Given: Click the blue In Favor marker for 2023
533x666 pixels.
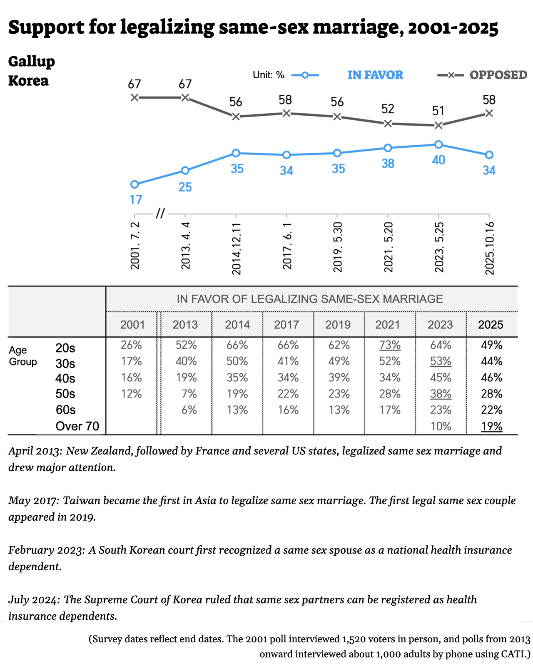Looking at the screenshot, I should [x=438, y=144].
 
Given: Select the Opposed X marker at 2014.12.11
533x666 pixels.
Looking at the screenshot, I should [x=236, y=117].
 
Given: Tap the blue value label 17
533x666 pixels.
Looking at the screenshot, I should [x=136, y=200].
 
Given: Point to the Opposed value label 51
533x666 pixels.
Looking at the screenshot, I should [x=438, y=111].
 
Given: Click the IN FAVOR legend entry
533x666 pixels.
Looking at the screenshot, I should [x=375, y=75].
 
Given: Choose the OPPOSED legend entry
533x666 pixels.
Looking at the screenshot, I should [x=498, y=75].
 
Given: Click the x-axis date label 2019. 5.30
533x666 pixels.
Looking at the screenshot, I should [x=338, y=247].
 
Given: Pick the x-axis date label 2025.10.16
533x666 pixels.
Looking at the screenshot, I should [x=490, y=248].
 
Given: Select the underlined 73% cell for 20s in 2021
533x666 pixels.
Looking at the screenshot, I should [x=390, y=345].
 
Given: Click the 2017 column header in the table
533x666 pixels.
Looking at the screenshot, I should [x=286, y=325].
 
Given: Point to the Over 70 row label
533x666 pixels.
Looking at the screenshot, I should [x=77, y=426].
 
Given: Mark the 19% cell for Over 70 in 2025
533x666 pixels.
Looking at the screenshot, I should [x=491, y=426].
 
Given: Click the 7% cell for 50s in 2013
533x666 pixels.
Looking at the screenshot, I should [x=189, y=394].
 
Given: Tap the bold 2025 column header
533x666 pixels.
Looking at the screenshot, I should [x=491, y=325].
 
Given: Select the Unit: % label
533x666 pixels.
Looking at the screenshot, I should [x=268, y=75].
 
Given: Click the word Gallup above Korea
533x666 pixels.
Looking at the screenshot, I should [x=32, y=62].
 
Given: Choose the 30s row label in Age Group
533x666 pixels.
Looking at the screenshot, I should [x=65, y=364].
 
